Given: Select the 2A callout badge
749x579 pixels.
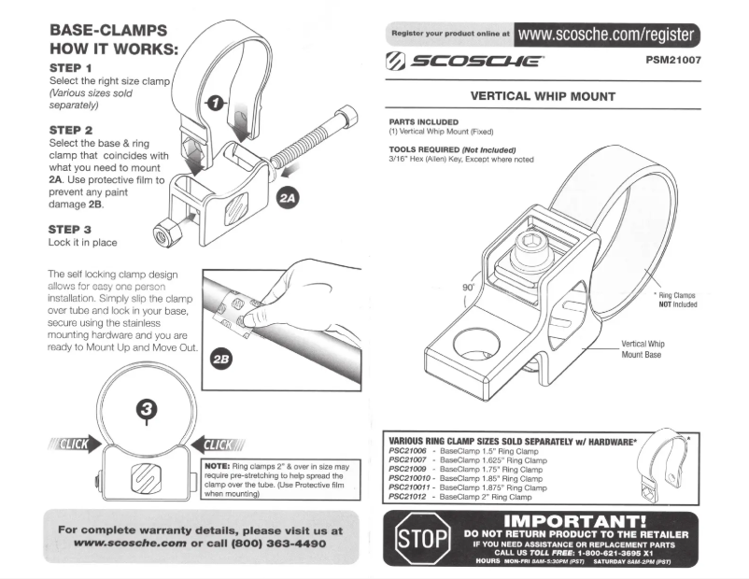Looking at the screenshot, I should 287,197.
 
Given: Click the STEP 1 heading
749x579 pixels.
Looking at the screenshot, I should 70,69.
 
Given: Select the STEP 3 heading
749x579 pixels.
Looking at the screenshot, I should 70,228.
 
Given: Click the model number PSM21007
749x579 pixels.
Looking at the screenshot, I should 672,63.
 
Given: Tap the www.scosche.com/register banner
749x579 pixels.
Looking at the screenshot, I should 606,35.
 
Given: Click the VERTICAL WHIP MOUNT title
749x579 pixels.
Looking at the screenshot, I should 543,96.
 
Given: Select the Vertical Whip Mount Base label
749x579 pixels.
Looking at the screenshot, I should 643,349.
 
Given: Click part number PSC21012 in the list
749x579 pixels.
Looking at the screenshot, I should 407,497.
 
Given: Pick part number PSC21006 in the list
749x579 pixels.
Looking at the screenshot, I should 407,451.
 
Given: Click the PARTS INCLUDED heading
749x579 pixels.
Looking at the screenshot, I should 423,121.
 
